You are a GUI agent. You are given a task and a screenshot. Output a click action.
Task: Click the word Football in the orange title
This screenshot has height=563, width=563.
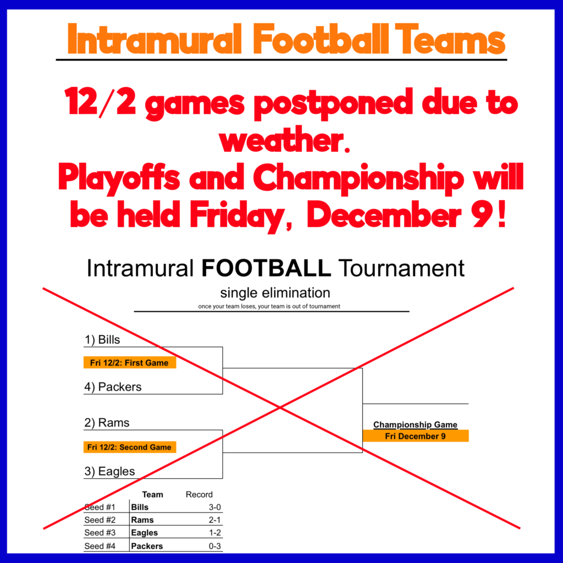(321, 39)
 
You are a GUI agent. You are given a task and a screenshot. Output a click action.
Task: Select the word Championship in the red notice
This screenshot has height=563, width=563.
(358, 179)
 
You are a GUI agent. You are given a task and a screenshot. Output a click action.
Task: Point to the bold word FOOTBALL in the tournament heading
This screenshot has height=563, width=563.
(266, 268)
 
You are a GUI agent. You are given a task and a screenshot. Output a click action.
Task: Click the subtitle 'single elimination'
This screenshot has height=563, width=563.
(275, 292)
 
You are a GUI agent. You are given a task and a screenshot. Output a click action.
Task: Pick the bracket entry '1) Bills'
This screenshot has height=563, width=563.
(102, 339)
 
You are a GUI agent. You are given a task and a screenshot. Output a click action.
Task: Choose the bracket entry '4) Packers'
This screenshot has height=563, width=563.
(113, 387)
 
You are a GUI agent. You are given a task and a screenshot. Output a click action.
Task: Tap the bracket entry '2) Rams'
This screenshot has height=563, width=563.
(107, 423)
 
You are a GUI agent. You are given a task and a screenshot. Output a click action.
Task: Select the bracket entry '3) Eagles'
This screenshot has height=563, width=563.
(109, 471)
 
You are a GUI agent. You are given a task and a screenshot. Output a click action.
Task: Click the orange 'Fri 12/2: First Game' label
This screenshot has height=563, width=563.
(130, 363)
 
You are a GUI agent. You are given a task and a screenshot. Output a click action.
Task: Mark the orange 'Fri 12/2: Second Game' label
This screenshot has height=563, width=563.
(130, 447)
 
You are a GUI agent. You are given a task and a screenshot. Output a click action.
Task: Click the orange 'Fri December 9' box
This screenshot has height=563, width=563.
(416, 436)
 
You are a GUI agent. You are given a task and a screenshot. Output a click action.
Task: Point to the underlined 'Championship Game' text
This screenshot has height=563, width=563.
(416, 424)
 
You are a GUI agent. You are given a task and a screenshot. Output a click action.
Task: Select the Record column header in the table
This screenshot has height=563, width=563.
(199, 494)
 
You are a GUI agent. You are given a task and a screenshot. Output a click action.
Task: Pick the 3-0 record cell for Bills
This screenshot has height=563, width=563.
(215, 507)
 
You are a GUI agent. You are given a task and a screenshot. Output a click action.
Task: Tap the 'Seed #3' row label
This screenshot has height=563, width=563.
(100, 532)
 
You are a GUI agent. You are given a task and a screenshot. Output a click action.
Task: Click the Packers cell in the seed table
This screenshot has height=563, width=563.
(147, 546)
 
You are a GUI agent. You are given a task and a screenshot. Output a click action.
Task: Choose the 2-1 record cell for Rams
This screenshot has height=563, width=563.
(215, 520)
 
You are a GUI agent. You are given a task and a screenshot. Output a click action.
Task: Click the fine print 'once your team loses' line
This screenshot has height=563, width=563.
(269, 306)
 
